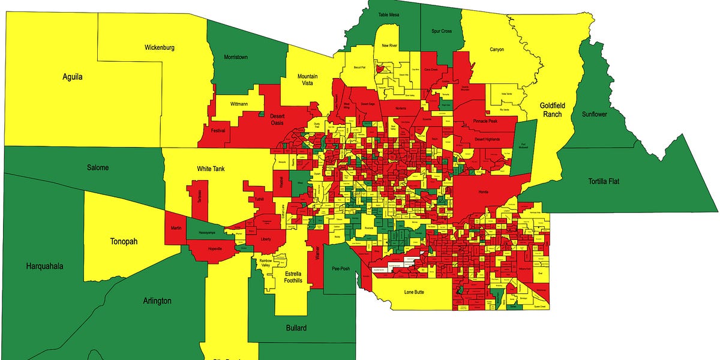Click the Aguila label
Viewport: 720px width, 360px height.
click(x=72, y=77)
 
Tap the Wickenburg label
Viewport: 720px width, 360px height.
click(x=159, y=47)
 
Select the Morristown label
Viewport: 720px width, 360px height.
click(x=235, y=57)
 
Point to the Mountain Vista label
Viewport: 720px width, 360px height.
click(x=307, y=81)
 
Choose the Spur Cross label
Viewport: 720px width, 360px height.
click(x=442, y=31)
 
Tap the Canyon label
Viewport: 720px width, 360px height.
click(x=497, y=50)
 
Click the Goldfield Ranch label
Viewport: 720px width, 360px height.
click(x=552, y=109)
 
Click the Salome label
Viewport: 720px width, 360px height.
click(x=98, y=168)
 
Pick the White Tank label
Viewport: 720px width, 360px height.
click(x=210, y=169)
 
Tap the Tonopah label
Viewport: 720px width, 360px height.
click(x=124, y=242)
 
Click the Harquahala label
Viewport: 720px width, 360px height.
click(x=44, y=266)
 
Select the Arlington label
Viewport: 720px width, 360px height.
click(x=157, y=301)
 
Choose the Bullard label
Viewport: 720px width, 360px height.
click(x=296, y=328)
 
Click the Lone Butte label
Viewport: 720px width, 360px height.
click(x=417, y=292)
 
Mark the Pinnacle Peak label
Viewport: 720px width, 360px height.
click(x=485, y=121)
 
